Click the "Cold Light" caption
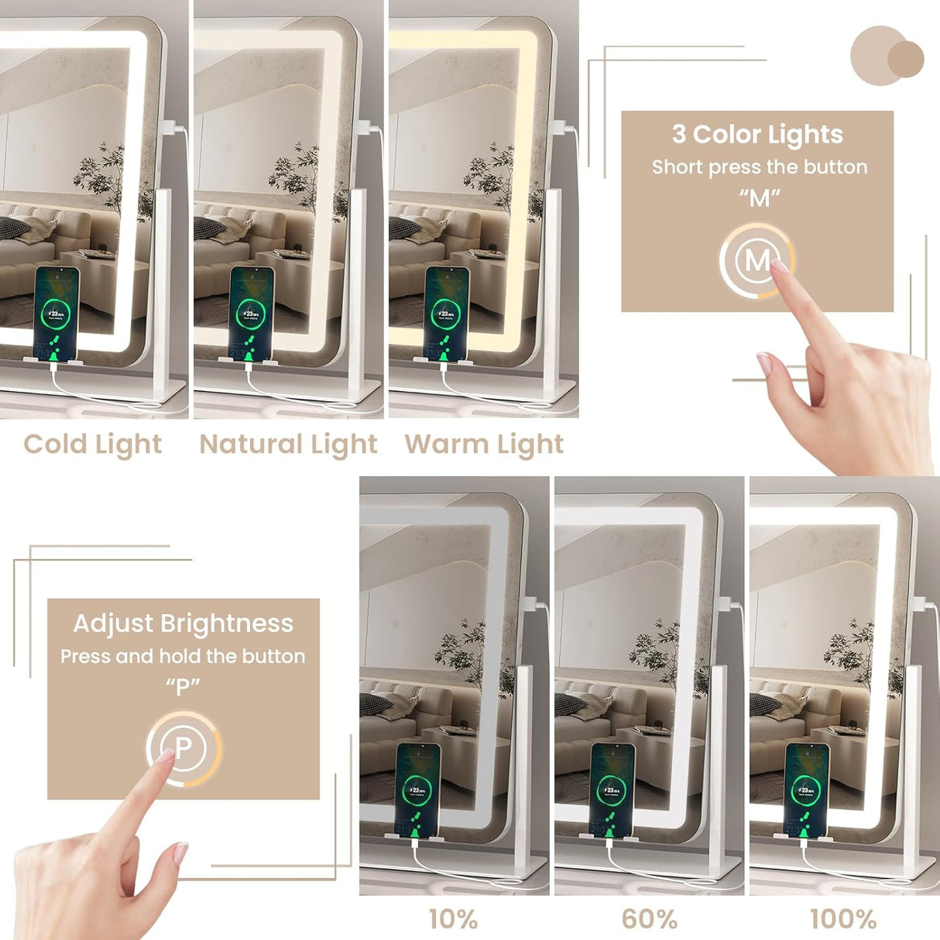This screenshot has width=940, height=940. pos(93,444)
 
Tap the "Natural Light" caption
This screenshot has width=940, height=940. pos(288,444)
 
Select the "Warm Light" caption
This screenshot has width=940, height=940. pos(484,444)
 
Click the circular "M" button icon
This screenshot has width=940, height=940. pos(756,260)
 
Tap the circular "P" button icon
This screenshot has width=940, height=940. pos(184,748)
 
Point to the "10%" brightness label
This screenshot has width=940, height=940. pos(453,919)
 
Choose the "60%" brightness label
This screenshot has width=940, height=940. pos(649,919)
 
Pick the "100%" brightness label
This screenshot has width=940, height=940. pos(843,919)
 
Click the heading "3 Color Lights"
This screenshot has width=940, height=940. pos(757,135)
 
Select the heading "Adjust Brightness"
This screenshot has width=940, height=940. pos(184,623)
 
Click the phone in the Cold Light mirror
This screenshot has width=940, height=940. pos(57,314)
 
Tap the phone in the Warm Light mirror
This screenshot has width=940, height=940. pos(447,314)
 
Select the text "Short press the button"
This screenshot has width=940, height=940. pos(759,167)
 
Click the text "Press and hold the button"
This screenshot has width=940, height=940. pos(184,657)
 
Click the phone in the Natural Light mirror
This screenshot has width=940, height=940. pos(252,314)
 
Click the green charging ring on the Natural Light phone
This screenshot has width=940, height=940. pos(251,314)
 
